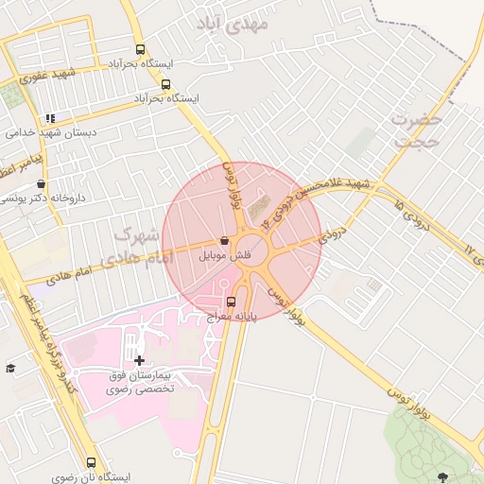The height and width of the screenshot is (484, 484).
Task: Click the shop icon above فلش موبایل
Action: pos(223,241)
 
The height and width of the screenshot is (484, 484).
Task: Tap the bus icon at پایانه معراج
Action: pos(232,302)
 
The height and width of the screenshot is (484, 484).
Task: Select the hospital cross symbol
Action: pos(140,360)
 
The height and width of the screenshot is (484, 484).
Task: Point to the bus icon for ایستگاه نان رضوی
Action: pos(91,463)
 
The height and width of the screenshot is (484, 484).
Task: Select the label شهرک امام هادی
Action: pos(143,245)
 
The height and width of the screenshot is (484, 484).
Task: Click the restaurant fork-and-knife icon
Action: pos(50,119)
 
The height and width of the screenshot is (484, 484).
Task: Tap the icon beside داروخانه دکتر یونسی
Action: pos(41,184)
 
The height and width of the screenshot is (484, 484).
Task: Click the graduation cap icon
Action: pos(10,368)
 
